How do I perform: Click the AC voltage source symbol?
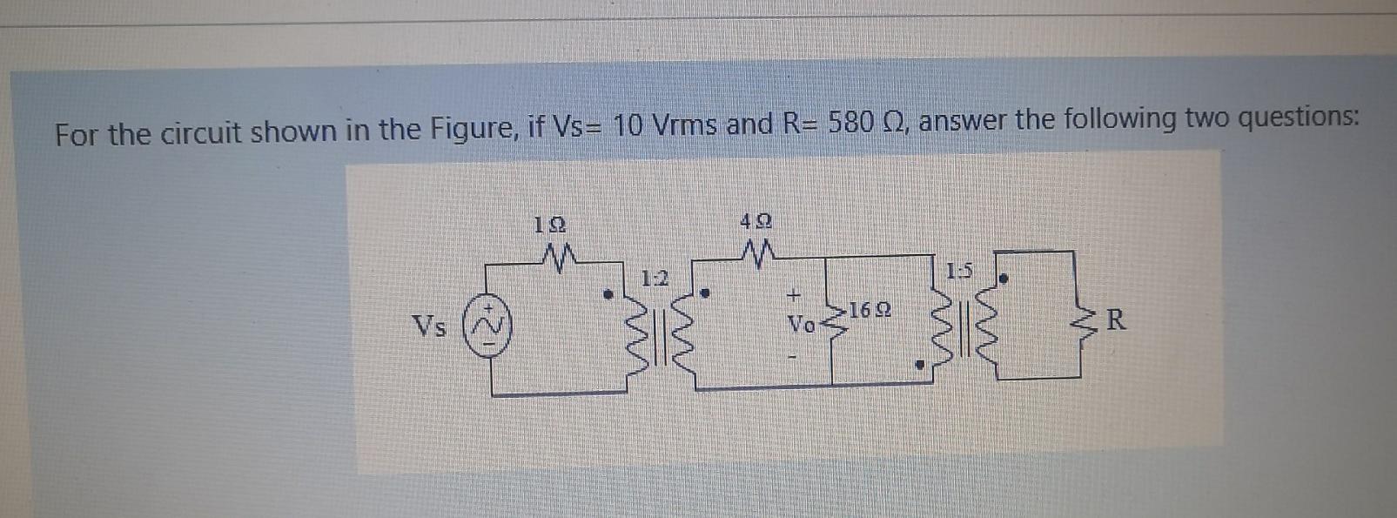489,326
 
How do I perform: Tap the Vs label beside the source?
429,326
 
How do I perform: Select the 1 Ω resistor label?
549,224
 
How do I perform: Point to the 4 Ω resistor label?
756,222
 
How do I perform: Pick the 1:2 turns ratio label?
654,279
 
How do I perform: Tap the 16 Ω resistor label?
870,309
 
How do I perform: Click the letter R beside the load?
1116,320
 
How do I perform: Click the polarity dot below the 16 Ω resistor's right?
919,367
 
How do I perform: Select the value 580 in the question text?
851,123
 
